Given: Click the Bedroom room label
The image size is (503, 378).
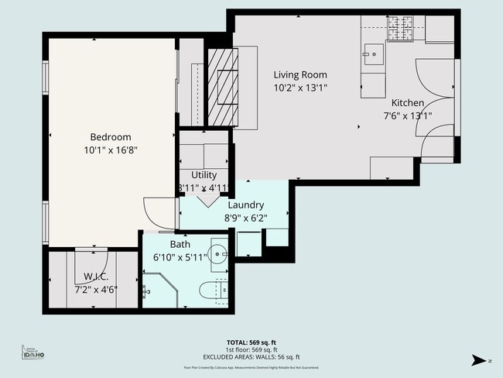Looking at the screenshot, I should pyautogui.click(x=111, y=137).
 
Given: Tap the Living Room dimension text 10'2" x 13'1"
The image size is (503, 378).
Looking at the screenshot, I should pyautogui.click(x=300, y=88).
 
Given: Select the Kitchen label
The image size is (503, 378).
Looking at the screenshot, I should pyautogui.click(x=407, y=103).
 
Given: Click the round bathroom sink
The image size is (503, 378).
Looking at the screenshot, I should pyautogui.click(x=219, y=255).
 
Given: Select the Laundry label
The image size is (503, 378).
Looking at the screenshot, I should pyautogui.click(x=245, y=205).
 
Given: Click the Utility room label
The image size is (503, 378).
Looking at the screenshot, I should pyautogui.click(x=204, y=175).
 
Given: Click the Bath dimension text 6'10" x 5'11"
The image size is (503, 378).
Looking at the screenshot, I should pyautogui.click(x=180, y=257).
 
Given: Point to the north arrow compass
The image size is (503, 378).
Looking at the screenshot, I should pyautogui.click(x=481, y=359).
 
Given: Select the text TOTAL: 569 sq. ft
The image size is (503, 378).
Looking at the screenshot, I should pyautogui.click(x=251, y=341).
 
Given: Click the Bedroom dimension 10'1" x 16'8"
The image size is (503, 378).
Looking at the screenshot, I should pyautogui.click(x=111, y=150).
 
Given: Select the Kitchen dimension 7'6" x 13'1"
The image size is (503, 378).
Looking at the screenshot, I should pyautogui.click(x=407, y=116).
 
